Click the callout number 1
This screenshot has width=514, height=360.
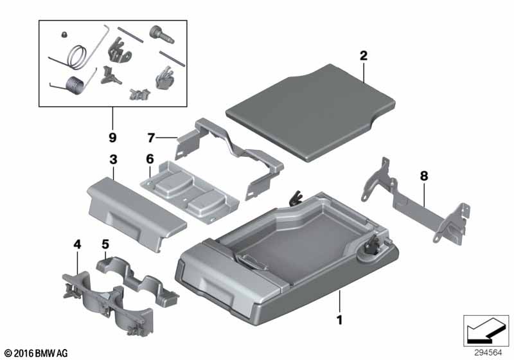coord(340,319)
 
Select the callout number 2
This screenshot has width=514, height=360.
coord(364,56)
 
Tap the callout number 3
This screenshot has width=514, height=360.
coord(113,160)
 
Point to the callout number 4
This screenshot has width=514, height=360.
coord(77,244)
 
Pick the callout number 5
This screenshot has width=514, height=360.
coord(105,244)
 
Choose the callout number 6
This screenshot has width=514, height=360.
coord(150,159)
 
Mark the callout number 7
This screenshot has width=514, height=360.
coord(151,138)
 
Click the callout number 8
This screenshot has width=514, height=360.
coord(424,176)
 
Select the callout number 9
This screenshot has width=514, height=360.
coord(112,138)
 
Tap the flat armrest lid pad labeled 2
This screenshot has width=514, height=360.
coord(310,112)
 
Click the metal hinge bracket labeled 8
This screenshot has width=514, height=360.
coord(416,201)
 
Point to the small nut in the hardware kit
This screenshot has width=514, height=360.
coord(64,35)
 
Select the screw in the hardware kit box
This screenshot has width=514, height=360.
coord(162,35)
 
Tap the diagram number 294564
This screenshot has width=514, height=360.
coord(488,353)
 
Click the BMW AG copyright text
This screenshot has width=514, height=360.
coord(37,353)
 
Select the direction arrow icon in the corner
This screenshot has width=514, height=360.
coord(486,330)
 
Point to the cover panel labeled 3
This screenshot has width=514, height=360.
coord(137,212)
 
